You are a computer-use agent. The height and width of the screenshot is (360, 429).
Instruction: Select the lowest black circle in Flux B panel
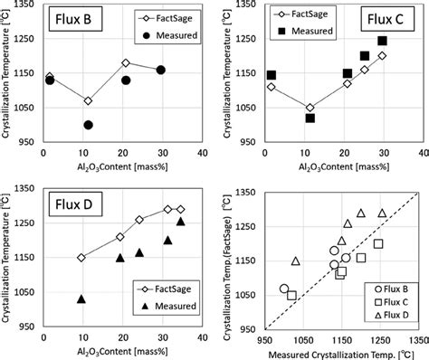[x=88, y=125]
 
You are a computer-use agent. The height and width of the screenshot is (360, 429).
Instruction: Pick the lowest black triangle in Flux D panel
[x=81, y=298]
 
